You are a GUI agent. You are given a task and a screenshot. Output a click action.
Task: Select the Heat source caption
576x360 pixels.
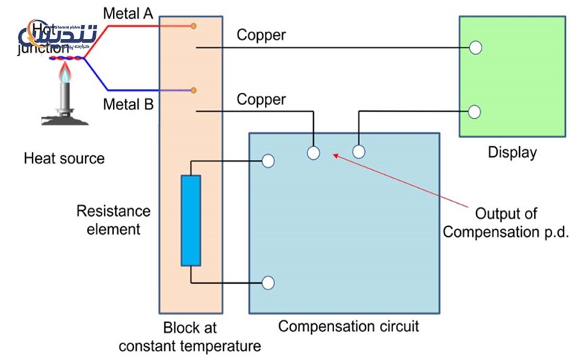tap(64, 158)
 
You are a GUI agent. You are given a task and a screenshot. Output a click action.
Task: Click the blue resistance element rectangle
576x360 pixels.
tap(192, 220)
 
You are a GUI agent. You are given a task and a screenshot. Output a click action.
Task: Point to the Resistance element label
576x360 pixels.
tap(114, 220)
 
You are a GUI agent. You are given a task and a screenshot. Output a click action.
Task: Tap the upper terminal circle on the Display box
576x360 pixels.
tap(475, 48)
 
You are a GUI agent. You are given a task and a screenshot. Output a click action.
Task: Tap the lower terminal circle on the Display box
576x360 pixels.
tap(475, 112)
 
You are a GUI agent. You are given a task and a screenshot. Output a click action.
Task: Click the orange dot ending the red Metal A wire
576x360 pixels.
tap(193, 26)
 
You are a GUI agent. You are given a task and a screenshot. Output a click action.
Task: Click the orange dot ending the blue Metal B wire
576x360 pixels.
tap(193, 90)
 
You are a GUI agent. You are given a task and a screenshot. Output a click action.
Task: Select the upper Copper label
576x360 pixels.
tap(261, 35)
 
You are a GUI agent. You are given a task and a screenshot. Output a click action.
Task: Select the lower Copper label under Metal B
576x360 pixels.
tap(261, 99)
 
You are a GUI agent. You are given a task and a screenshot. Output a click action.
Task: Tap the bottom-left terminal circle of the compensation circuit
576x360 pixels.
tap(268, 283)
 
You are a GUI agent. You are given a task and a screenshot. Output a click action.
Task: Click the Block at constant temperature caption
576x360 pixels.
tap(190, 336)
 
